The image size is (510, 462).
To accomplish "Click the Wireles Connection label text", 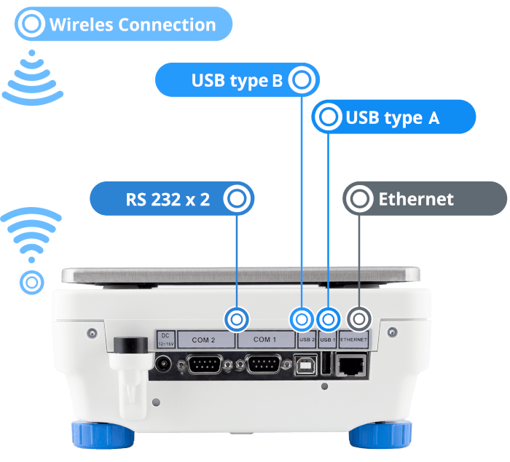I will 133,25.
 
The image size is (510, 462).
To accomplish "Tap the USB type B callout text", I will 237,80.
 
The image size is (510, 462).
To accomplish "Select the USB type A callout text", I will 393,117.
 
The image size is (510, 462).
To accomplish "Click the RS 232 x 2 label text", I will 168,199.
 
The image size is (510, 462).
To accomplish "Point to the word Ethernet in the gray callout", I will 416,199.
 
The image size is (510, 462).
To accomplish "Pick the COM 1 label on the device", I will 264,340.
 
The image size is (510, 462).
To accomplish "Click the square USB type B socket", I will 305,364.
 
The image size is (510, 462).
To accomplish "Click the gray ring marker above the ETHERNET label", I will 358,318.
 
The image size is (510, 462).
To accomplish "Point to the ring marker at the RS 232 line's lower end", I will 237,318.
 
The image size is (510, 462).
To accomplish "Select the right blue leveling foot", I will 380,434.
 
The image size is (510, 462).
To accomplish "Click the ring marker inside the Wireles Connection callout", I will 31,25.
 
